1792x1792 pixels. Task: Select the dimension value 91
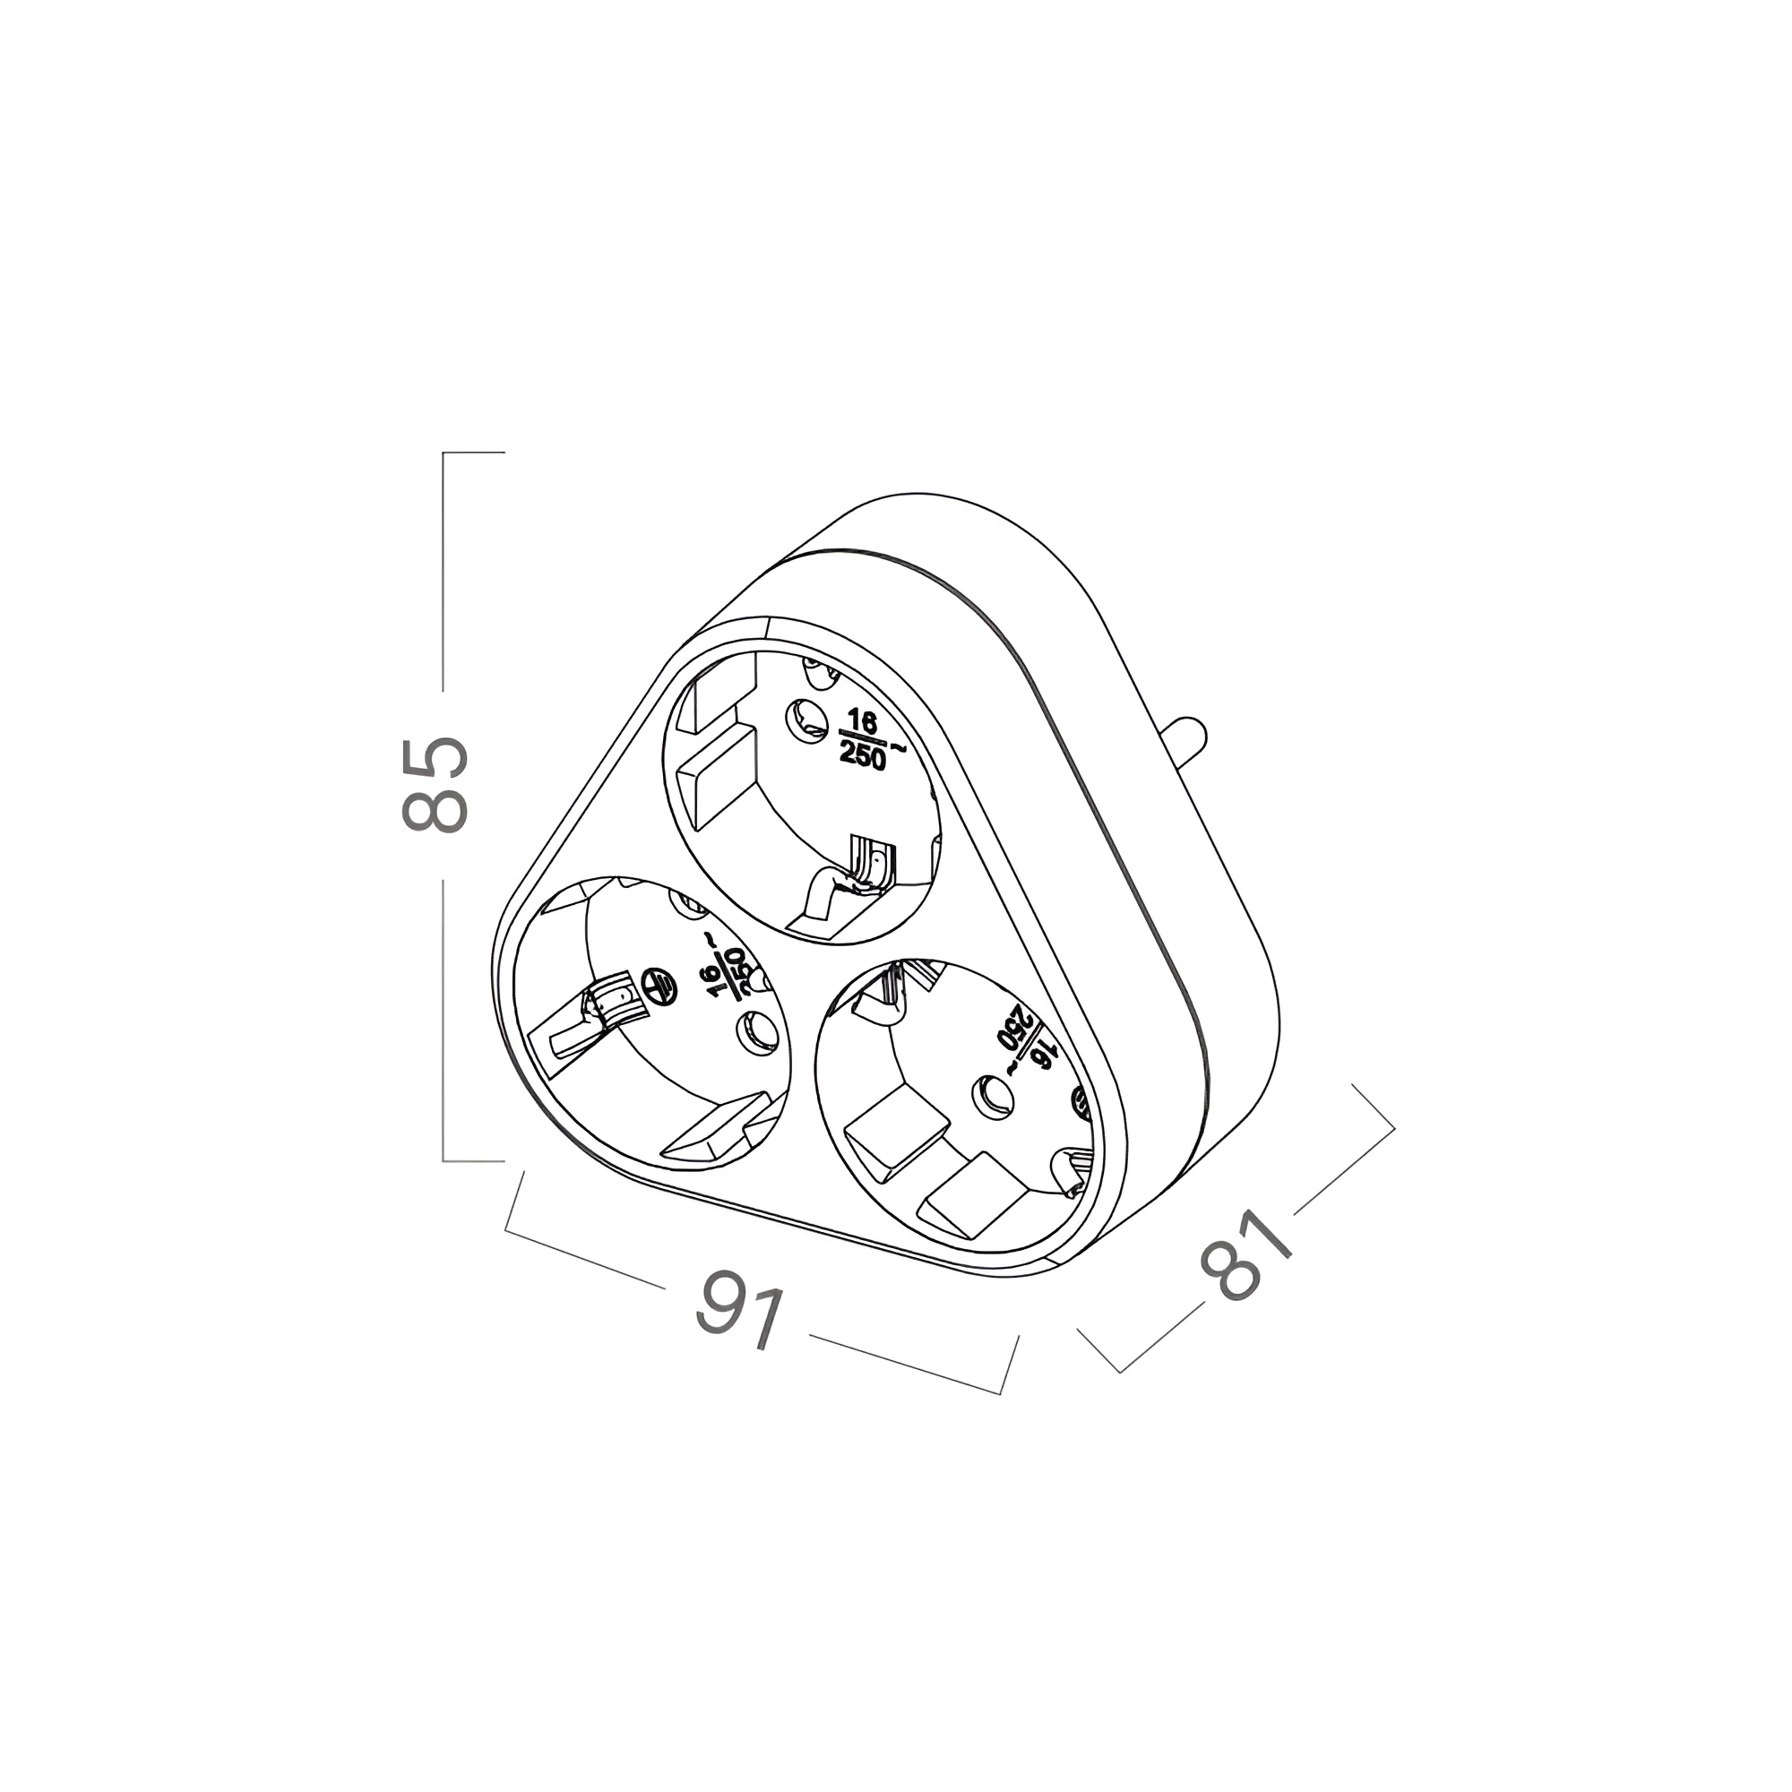tap(740, 1311)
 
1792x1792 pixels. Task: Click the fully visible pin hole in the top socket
tap(806, 718)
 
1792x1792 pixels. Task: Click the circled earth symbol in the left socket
tap(657, 986)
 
